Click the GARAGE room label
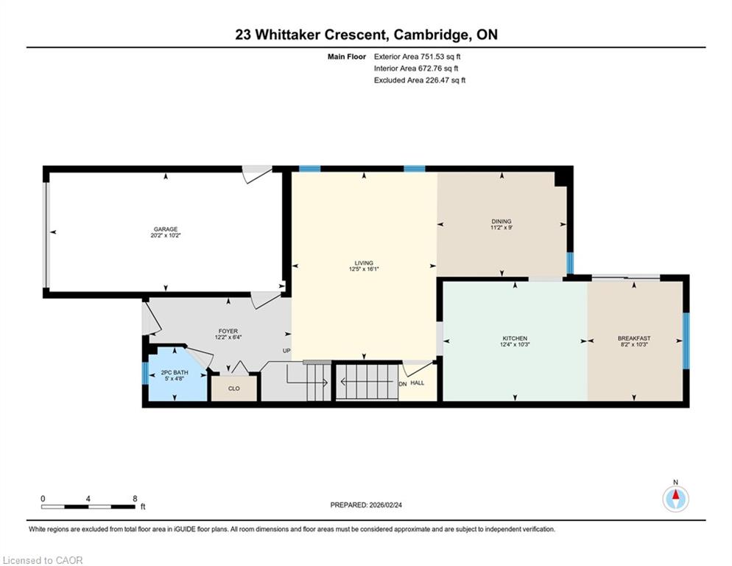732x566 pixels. point(166,229)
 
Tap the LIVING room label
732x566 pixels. point(364,263)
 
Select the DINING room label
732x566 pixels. point(502,222)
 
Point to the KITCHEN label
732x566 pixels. point(515,338)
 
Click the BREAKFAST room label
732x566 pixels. point(634,338)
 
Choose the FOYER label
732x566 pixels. point(228,332)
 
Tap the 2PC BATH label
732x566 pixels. point(175,372)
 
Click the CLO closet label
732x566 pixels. point(234,388)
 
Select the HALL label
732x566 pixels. point(418,382)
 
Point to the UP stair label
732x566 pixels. point(286,351)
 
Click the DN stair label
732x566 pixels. point(403,384)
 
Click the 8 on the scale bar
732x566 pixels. point(135,499)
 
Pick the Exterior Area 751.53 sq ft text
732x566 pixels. point(418,57)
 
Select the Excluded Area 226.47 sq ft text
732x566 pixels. point(420,80)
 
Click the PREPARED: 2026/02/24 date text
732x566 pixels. point(366,505)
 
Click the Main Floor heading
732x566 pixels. point(347,57)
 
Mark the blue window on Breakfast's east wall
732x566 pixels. point(686,340)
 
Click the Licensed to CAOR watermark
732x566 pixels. point(43,560)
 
